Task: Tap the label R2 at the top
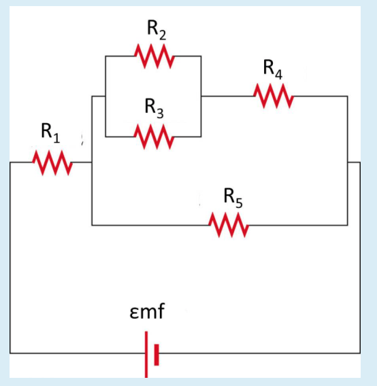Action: tap(156, 30)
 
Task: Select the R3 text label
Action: tap(154, 108)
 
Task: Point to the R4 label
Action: tap(273, 69)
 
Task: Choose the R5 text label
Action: tap(233, 198)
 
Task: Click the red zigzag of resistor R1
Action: tap(52, 162)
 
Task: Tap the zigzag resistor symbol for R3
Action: tap(154, 136)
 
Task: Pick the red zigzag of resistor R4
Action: tap(274, 96)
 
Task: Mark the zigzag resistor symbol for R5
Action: tap(229, 224)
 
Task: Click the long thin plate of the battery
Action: tap(146, 353)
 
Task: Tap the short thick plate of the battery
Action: tap(157, 353)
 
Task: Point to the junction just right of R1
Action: tap(92, 162)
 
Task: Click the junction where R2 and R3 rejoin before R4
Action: tap(201, 96)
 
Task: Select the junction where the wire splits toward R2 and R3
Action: tap(105, 96)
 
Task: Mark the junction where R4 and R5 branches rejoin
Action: tap(348, 162)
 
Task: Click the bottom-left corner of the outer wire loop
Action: tap(10, 353)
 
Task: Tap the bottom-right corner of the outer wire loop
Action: tap(360, 353)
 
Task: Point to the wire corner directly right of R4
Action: tap(348, 96)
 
